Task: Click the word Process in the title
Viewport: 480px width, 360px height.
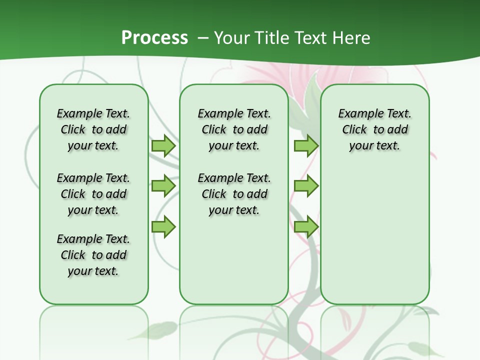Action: tap(154, 37)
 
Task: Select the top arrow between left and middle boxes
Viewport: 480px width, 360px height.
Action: tap(163, 146)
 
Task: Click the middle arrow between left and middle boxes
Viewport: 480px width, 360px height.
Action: tap(163, 186)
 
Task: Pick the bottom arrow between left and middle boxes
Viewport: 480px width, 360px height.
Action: tap(163, 226)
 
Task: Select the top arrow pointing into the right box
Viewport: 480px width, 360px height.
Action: tap(306, 146)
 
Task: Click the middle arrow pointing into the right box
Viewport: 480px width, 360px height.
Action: tap(306, 186)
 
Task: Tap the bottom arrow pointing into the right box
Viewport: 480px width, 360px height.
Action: tap(306, 226)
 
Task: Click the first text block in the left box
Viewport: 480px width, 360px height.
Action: tap(93, 129)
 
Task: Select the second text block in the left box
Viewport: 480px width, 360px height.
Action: tap(93, 194)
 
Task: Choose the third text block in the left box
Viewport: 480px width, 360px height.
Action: tap(93, 255)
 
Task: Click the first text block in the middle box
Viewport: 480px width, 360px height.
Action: tap(234, 129)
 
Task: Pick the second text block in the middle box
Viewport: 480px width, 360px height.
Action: tap(234, 194)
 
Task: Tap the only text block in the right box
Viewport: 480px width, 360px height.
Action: tap(375, 129)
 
